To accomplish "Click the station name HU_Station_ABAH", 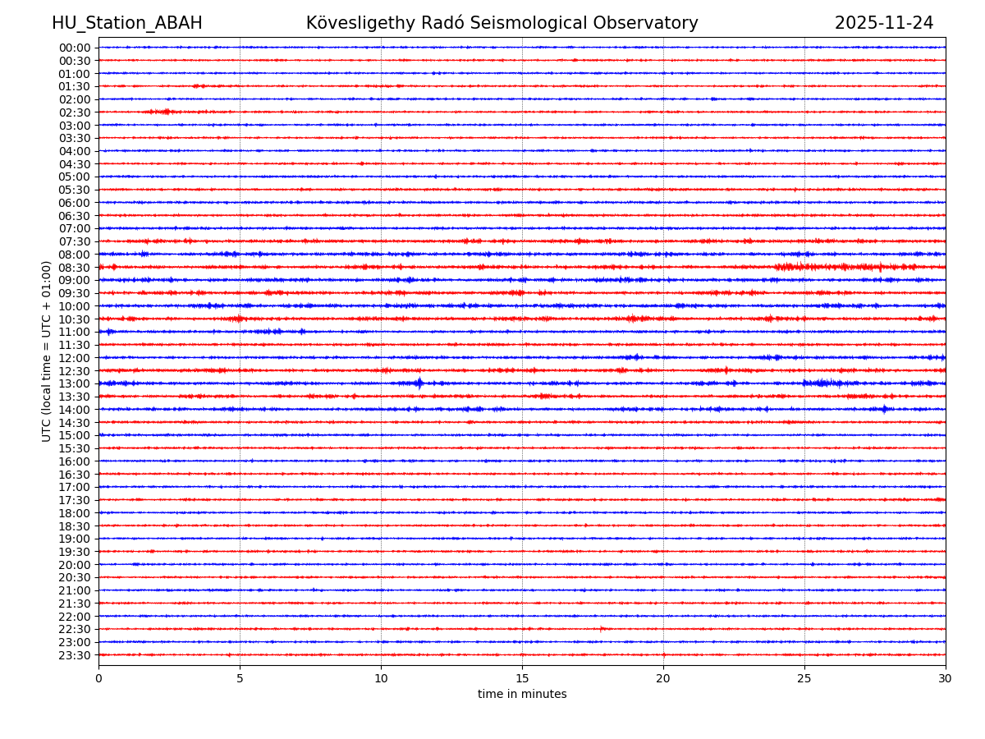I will (x=126, y=24).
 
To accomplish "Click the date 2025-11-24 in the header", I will (x=884, y=24).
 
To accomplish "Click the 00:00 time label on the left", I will (x=75, y=48).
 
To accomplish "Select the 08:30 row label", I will (x=75, y=268).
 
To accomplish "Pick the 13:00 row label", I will (x=75, y=383).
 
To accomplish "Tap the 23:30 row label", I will (x=75, y=655).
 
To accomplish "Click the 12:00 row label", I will (x=75, y=358).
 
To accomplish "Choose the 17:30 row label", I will (x=75, y=500).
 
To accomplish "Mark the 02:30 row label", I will (x=75, y=112).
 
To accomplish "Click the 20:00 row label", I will (x=75, y=565).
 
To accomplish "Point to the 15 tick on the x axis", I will (x=522, y=678).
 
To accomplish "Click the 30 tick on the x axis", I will (x=946, y=678).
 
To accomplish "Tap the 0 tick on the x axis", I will (x=98, y=678).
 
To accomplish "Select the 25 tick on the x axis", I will (x=804, y=678).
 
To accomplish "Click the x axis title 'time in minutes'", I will (x=522, y=695).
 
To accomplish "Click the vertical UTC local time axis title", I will (x=47, y=351).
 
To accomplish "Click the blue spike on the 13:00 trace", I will (x=419, y=383).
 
